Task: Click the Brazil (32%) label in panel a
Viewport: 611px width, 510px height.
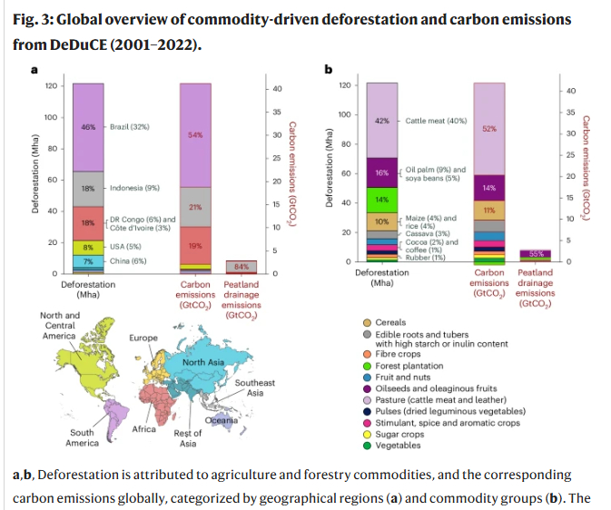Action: [130, 127]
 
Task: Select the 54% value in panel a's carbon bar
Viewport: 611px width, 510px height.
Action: [194, 134]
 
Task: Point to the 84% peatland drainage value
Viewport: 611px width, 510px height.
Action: [241, 267]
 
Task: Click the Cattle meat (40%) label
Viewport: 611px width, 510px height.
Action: [435, 120]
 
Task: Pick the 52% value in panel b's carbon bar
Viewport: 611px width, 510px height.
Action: [489, 129]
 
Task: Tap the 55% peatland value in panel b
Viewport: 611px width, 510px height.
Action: [536, 254]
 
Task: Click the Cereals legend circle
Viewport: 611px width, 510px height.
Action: [366, 322]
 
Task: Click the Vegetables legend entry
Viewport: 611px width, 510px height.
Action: [399, 445]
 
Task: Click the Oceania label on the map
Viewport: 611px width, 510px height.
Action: [220, 420]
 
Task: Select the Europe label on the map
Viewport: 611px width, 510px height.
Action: [144, 337]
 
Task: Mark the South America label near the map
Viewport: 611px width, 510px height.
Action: [82, 438]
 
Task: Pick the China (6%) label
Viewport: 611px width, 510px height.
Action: [127, 261]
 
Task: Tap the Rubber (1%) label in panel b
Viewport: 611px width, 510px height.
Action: [424, 258]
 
